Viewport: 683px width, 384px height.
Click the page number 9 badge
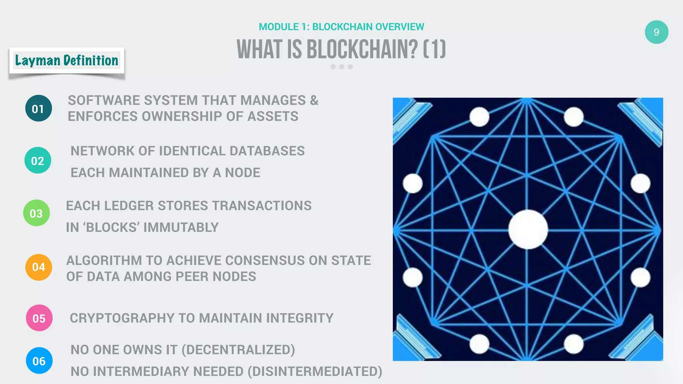click(656, 32)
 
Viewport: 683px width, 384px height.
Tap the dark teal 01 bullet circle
click(38, 108)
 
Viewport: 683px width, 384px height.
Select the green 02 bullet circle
click(38, 160)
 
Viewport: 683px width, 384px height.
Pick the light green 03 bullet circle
click(36, 213)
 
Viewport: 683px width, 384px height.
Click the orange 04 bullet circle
click(39, 267)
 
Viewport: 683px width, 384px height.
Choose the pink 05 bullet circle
click(39, 318)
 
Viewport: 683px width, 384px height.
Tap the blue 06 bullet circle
click(39, 361)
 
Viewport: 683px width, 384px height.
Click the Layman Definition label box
click(67, 61)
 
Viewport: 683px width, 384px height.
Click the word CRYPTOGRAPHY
click(122, 318)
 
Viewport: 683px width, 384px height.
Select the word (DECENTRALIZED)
click(238, 350)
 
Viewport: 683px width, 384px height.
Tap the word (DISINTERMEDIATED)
click(315, 371)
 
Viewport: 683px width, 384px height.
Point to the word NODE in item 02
click(242, 173)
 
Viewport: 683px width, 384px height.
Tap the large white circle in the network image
click(528, 229)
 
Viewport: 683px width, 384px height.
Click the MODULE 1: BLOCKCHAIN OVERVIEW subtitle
click(341, 27)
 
